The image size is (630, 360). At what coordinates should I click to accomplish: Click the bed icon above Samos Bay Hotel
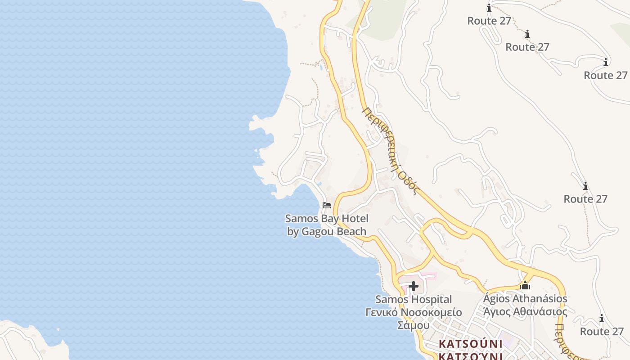(x=327, y=205)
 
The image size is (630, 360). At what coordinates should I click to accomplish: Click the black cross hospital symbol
(x=414, y=286)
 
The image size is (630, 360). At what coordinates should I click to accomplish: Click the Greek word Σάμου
(x=414, y=325)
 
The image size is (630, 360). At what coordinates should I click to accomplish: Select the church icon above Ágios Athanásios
(x=525, y=285)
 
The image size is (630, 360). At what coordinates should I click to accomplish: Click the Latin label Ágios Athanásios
(x=525, y=298)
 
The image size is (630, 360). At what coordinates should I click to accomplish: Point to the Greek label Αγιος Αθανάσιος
(x=525, y=311)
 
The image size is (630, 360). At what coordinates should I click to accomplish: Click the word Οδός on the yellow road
(x=410, y=182)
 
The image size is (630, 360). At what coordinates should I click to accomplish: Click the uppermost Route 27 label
(x=489, y=21)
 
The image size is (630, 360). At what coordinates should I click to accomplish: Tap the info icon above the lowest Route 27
(x=602, y=319)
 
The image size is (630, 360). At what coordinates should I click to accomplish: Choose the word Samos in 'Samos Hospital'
(x=391, y=299)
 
